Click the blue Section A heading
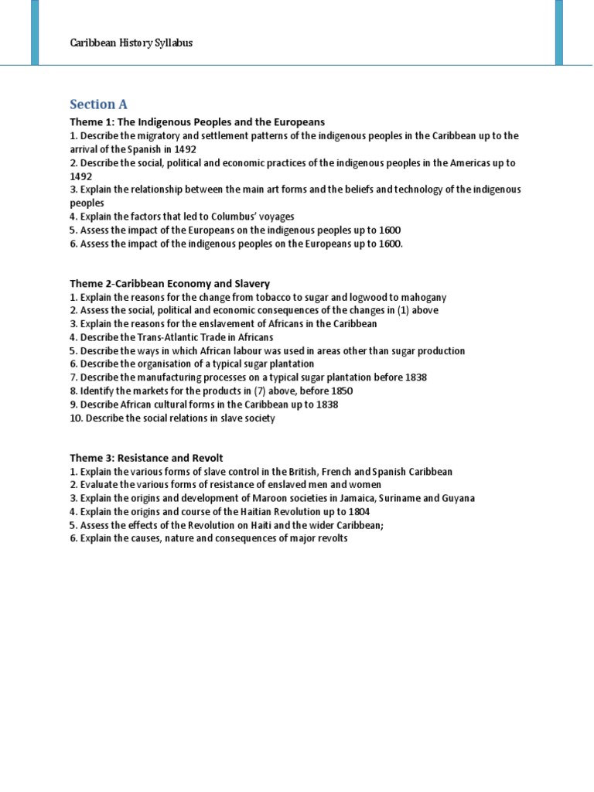[98, 104]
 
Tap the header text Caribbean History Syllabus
[131, 43]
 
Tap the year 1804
[359, 511]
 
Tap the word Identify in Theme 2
[96, 391]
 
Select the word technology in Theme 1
[439, 189]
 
